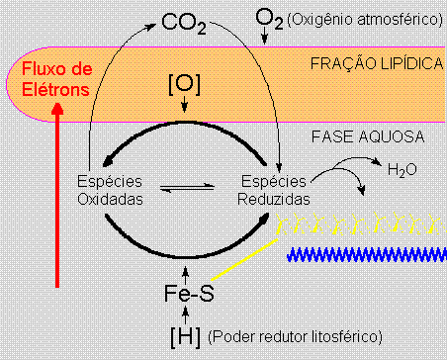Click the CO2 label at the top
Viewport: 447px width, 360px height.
tap(184, 22)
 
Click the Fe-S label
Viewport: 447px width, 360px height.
tap(186, 294)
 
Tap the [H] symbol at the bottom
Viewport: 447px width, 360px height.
tap(186, 337)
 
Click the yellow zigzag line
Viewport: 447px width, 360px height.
tap(356, 218)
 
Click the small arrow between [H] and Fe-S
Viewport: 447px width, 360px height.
tap(186, 316)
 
